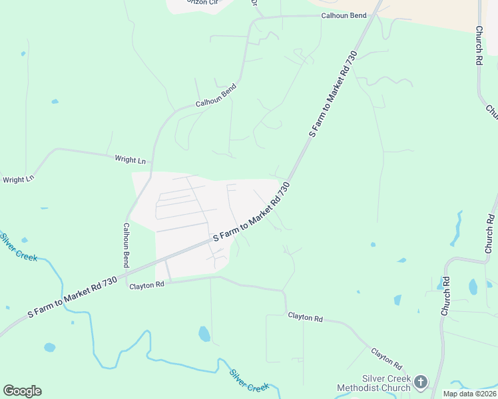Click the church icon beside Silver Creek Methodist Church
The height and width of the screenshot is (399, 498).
click(420, 382)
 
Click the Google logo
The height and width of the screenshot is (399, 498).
click(22, 390)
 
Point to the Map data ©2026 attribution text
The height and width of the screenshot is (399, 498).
click(469, 394)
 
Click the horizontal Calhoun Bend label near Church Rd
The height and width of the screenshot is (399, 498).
click(344, 15)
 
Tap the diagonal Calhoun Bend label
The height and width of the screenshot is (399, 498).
click(216, 96)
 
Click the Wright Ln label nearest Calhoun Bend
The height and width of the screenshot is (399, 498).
click(130, 160)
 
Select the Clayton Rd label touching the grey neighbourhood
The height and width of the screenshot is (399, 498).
click(146, 285)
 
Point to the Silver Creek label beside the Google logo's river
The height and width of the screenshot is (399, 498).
click(249, 380)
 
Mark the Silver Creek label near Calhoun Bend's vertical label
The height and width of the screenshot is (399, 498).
click(18, 247)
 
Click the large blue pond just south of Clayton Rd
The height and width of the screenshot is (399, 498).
click(204, 333)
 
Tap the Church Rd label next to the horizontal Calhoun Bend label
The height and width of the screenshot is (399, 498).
click(479, 45)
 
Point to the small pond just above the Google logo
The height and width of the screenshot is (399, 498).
click(49, 347)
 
